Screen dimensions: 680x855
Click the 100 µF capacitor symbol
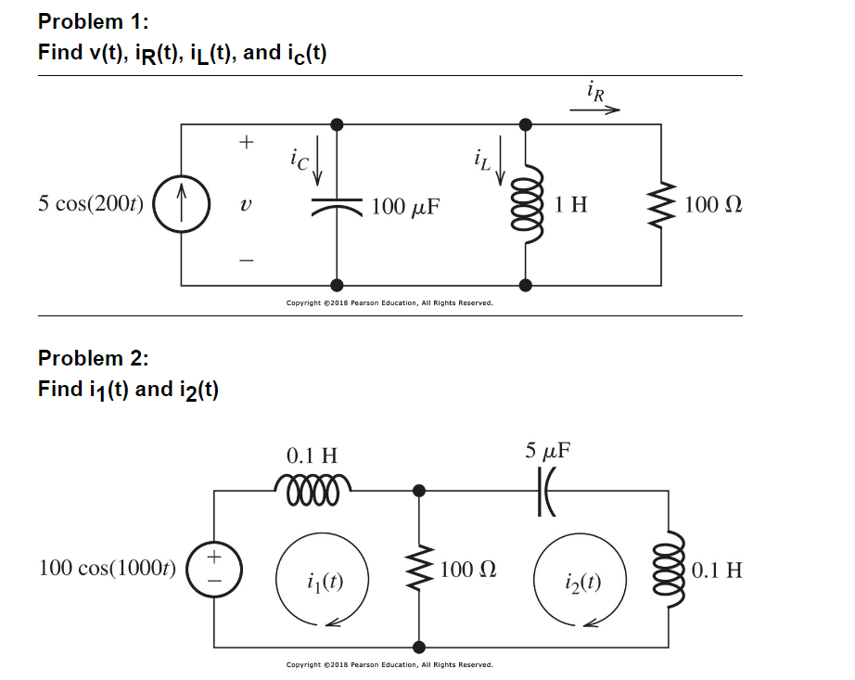[337, 204]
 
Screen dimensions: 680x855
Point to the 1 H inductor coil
[529, 204]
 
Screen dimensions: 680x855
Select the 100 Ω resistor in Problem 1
[661, 204]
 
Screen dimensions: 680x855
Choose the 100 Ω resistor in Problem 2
[420, 569]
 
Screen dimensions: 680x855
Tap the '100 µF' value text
[405, 205]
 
